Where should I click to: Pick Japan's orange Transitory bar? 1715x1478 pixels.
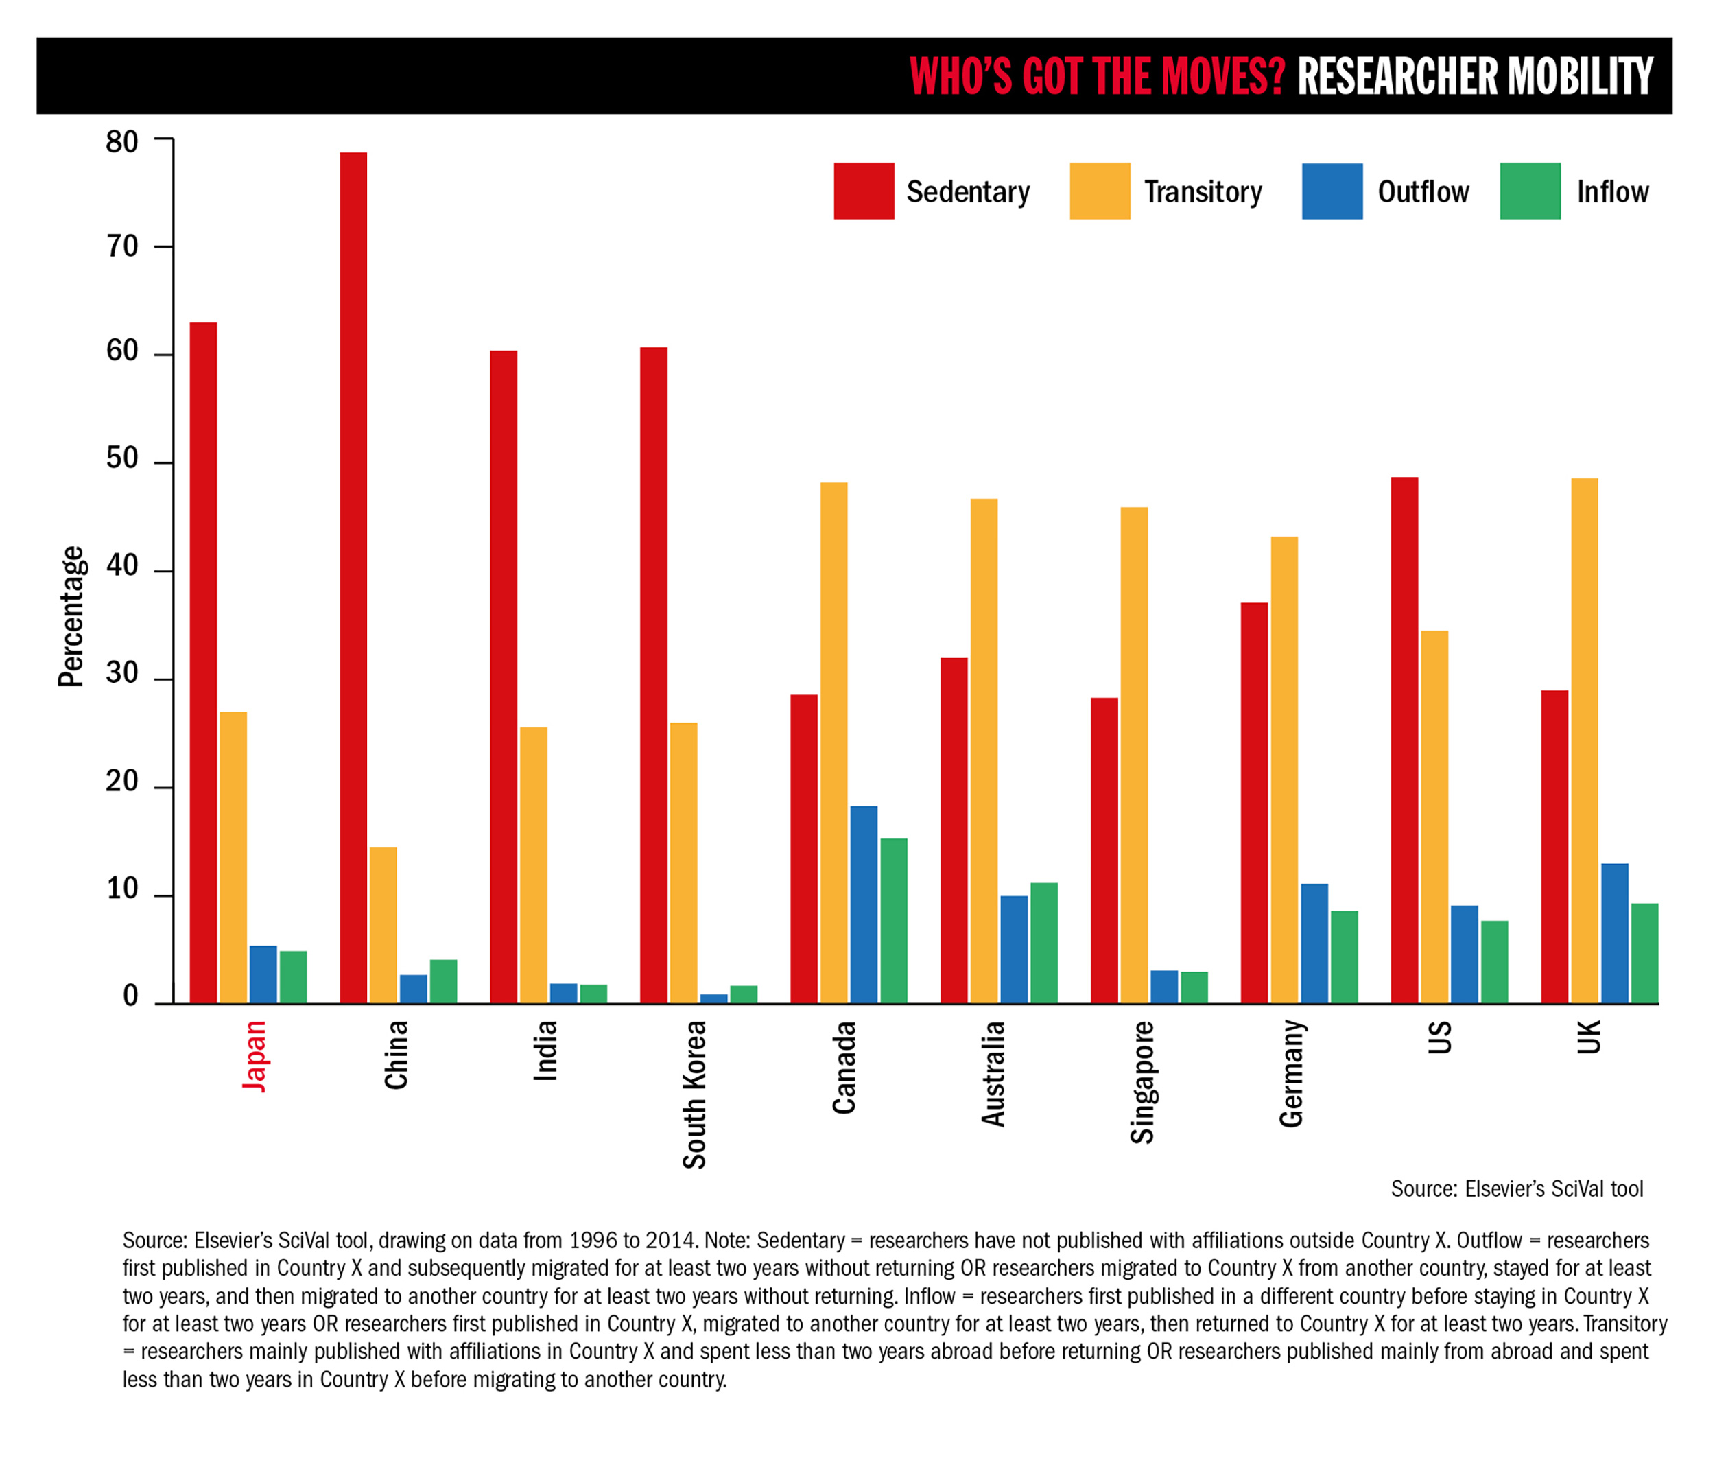click(x=233, y=857)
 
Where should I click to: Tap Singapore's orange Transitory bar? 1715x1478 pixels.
click(x=1134, y=754)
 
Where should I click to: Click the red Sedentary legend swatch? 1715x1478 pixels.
click(x=863, y=191)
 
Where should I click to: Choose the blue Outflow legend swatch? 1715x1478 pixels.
click(x=1332, y=191)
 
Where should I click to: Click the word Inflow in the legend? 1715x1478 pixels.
click(x=1611, y=192)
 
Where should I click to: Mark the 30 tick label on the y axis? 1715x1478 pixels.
click(x=123, y=674)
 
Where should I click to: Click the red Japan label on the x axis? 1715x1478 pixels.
click(x=254, y=1056)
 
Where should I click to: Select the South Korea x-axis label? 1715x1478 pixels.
click(x=694, y=1093)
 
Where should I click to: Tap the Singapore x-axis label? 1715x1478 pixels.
click(x=1142, y=1082)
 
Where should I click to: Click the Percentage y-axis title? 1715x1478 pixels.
click(x=71, y=616)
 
